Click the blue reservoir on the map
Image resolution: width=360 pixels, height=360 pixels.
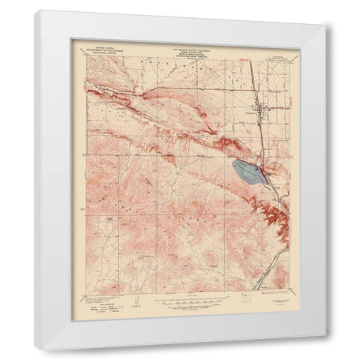[247, 172]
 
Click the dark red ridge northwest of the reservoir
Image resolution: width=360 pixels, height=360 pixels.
[225, 143]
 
